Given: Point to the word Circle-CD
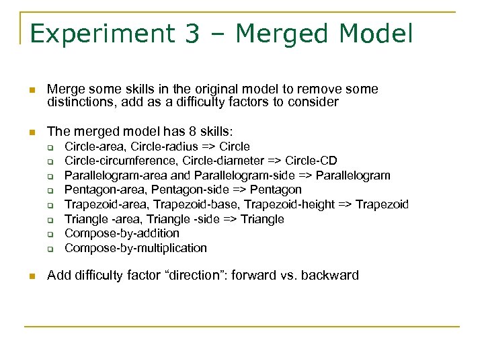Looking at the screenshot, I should [311, 161].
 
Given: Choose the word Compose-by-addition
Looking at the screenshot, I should [122, 233].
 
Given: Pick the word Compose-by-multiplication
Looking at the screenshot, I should [136, 248].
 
